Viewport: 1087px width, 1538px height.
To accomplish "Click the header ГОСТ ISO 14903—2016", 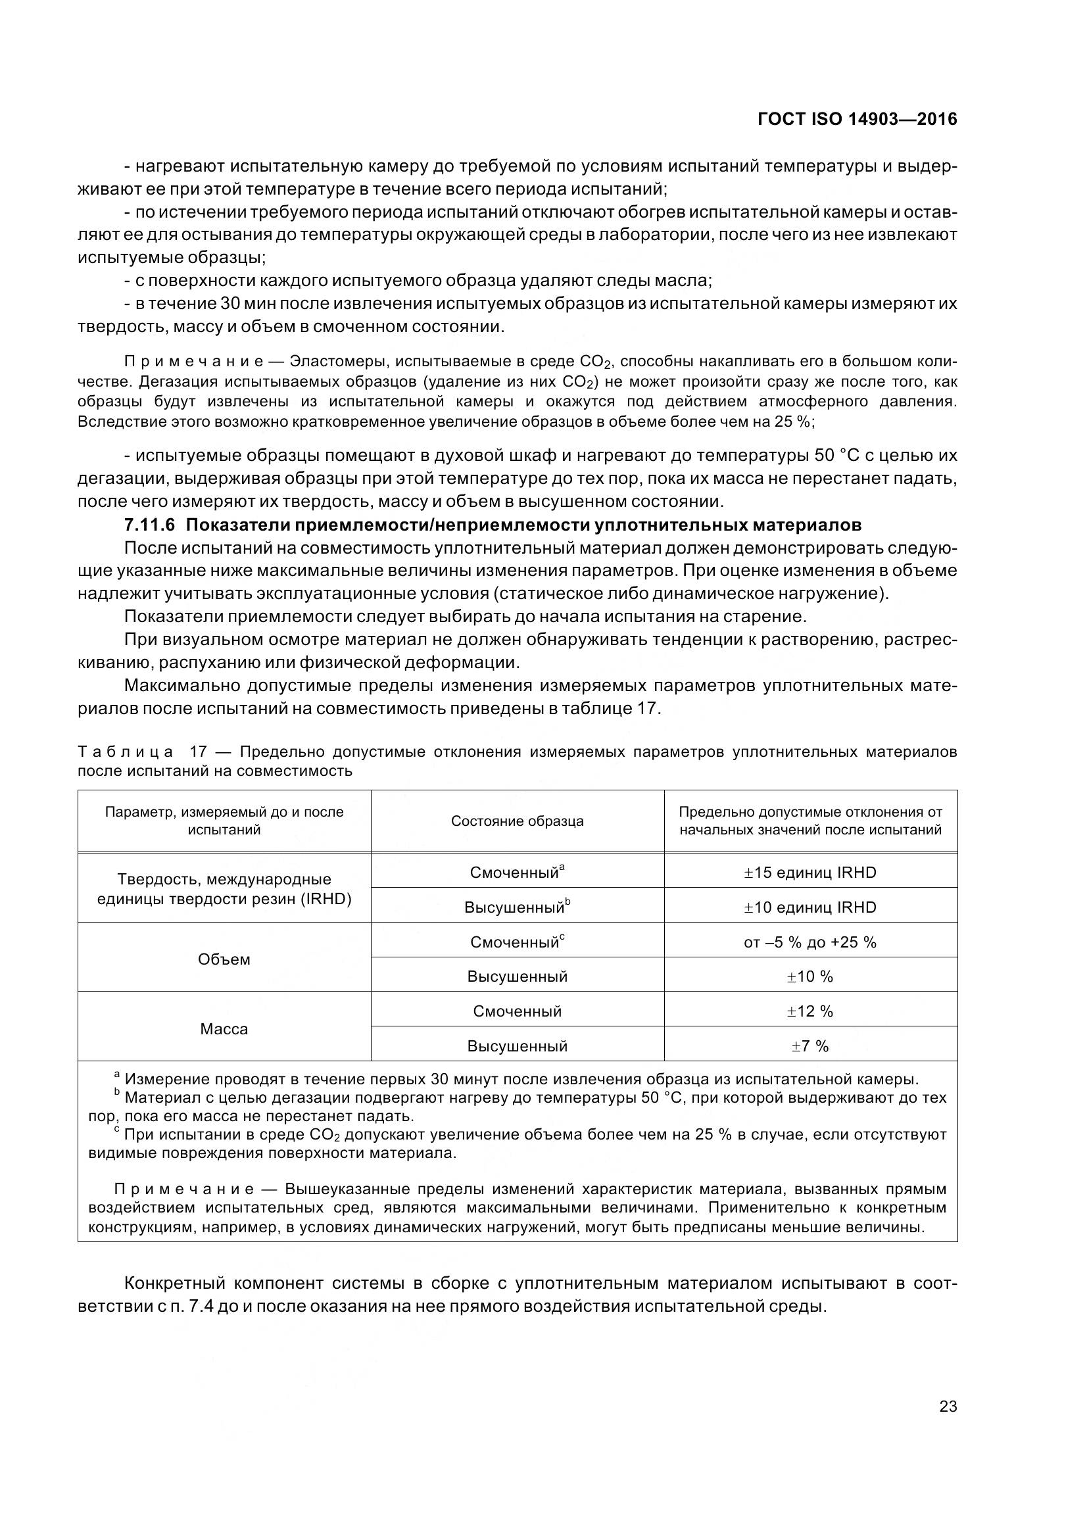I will pos(857,119).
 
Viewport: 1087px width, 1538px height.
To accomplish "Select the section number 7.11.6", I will pos(149,525).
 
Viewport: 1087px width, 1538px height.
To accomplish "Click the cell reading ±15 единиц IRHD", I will pos(809,873).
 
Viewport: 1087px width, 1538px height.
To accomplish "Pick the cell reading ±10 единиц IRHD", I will pos(809,907).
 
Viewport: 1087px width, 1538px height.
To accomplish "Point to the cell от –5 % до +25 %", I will pos(809,942).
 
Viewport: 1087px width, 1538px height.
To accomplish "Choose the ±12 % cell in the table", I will pos(809,1011).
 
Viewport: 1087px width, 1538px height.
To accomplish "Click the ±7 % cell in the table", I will pos(809,1046).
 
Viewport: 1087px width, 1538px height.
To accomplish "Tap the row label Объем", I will pos(224,959).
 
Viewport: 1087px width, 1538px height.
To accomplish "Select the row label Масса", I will pos(224,1029).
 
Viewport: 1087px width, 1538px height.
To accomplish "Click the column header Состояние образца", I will pos(517,821).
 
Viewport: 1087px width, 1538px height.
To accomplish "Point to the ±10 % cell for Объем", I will pos(809,976).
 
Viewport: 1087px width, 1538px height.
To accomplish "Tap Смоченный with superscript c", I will pos(517,942).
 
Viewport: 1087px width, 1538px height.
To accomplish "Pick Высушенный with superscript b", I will pos(517,907).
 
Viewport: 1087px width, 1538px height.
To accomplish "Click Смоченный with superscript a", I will pos(517,873).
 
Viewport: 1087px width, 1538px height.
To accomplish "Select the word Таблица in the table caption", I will pos(126,752).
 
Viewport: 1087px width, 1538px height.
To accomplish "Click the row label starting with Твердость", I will pos(224,889).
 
